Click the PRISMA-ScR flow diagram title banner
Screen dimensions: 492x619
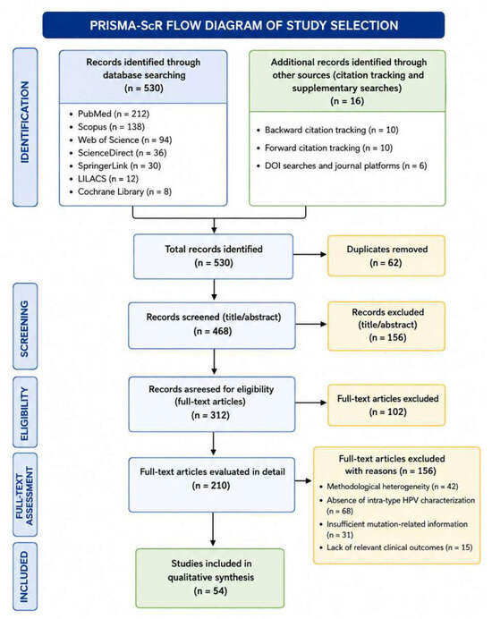[x=243, y=25]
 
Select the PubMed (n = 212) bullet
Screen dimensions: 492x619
[x=110, y=114]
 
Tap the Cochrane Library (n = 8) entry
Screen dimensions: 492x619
[x=121, y=191]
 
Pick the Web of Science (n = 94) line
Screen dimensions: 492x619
[x=121, y=140]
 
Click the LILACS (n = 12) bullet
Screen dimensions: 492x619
[x=105, y=179]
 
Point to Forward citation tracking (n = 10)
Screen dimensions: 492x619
[x=325, y=148]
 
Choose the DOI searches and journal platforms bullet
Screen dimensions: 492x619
[x=342, y=165]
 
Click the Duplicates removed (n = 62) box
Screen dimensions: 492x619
[x=386, y=256]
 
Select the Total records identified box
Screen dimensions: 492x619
[x=213, y=257]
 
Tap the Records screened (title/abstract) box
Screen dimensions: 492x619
[x=212, y=326]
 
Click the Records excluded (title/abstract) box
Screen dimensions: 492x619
[x=386, y=326]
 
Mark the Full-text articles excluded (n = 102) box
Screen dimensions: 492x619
[x=386, y=405]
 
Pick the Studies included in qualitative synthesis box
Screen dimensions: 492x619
[x=210, y=578]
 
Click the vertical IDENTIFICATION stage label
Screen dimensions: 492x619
[x=25, y=127]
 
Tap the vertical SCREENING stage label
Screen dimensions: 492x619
[x=25, y=326]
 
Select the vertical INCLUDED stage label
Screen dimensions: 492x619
[x=25, y=576]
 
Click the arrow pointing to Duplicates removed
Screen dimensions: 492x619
[x=310, y=255]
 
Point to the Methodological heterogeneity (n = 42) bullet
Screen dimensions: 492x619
[x=389, y=487]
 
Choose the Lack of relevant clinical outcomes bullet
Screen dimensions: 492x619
[x=396, y=547]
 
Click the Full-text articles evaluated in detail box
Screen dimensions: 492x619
[x=212, y=485]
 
